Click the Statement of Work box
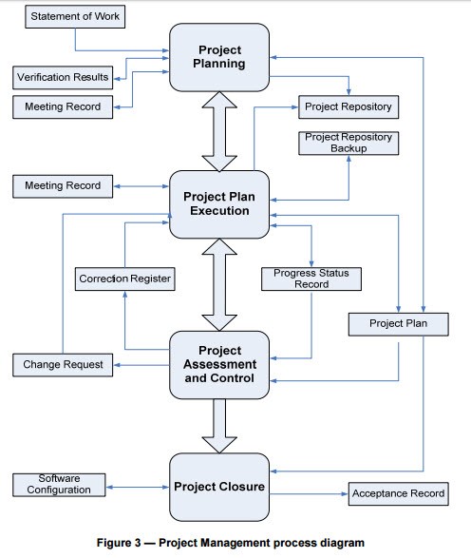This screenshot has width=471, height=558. tap(75, 16)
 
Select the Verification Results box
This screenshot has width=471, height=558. tap(63, 77)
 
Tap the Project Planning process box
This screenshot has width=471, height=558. tap(219, 57)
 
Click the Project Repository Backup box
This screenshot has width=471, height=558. tap(349, 143)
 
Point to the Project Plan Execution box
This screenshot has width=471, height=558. tap(219, 204)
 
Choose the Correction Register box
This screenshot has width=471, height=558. tap(124, 279)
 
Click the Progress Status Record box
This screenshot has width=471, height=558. tap(311, 279)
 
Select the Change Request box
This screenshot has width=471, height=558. tap(63, 365)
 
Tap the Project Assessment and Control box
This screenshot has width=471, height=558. tap(219, 365)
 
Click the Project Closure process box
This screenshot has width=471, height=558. tap(219, 487)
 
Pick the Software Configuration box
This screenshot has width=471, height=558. tap(59, 485)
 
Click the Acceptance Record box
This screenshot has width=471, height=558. tap(399, 494)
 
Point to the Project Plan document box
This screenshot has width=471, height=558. tap(399, 324)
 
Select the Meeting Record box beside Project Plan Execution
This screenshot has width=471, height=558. tap(63, 186)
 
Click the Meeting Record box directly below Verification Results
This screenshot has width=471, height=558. tap(63, 106)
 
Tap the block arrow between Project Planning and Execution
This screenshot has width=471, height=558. tap(219, 131)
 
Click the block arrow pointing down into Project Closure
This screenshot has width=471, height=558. tap(219, 426)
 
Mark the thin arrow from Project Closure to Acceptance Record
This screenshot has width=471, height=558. tap(309, 494)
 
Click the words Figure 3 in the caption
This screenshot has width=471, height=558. tap(119, 543)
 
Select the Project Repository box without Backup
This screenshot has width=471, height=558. tap(349, 106)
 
